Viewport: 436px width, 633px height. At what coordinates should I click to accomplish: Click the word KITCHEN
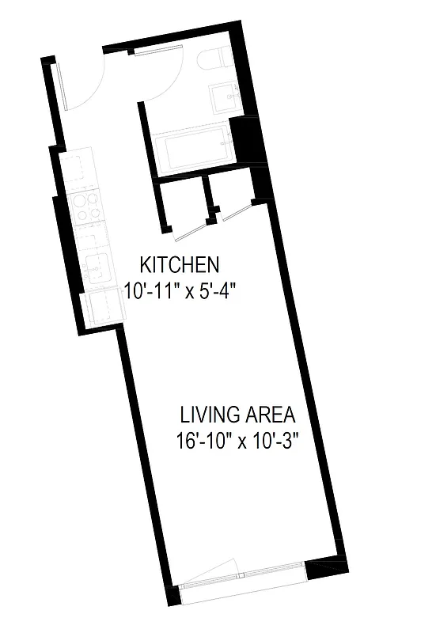[x=179, y=263]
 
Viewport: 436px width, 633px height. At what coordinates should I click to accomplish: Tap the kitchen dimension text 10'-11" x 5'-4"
[x=180, y=290]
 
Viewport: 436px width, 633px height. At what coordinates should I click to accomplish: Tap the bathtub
[x=192, y=149]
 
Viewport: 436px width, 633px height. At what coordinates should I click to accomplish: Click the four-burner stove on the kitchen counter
[x=85, y=207]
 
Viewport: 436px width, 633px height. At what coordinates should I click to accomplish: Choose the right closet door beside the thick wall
[x=238, y=210]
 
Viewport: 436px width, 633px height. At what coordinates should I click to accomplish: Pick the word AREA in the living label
[x=269, y=415]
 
